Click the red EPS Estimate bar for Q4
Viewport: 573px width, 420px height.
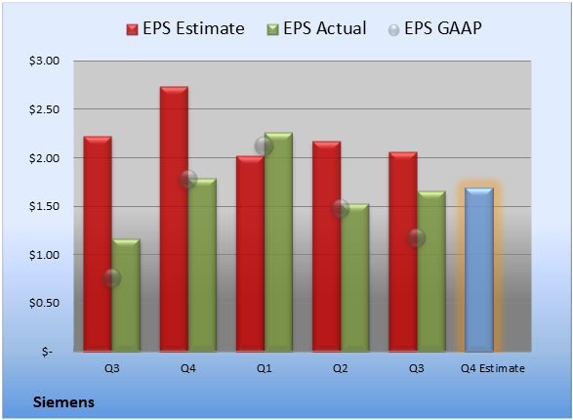tap(174, 219)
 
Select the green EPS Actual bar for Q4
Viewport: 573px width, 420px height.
tap(202, 265)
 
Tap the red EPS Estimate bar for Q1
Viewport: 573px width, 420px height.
tap(250, 254)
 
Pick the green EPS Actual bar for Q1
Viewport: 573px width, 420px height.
tap(278, 242)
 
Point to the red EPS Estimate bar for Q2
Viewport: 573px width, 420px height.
tap(327, 246)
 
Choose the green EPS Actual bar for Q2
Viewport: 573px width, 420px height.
tap(355, 277)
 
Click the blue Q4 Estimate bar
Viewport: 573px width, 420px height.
tap(479, 270)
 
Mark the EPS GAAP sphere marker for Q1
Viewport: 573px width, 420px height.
tap(264, 147)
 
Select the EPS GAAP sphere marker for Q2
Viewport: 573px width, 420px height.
tap(341, 208)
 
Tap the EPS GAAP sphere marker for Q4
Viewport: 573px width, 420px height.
tap(187, 179)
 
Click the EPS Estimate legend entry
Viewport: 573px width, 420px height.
tap(185, 28)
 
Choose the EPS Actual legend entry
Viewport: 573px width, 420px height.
tap(316, 28)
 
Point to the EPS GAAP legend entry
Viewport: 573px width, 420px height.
tap(434, 28)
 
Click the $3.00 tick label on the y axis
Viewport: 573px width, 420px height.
tap(44, 61)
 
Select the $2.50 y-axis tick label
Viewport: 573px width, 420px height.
tap(44, 109)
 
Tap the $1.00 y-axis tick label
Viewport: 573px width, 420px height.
tap(44, 255)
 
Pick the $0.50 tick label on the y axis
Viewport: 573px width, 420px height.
tap(44, 303)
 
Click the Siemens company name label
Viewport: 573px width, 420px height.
tap(64, 402)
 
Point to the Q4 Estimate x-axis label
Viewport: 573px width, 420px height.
tap(493, 368)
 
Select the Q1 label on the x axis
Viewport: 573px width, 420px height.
tap(265, 368)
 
